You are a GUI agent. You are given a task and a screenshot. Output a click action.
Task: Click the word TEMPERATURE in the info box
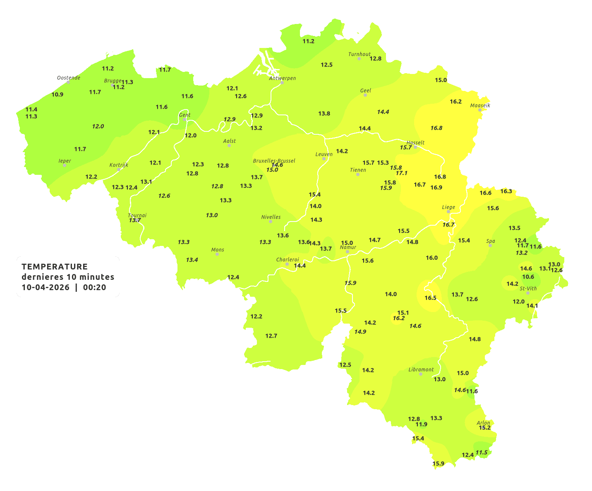(x=55, y=267)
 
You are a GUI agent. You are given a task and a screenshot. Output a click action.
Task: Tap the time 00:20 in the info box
(x=95, y=288)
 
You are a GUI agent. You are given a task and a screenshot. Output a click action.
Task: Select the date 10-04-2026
(x=46, y=288)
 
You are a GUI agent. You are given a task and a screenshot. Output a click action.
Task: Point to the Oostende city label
(x=68, y=78)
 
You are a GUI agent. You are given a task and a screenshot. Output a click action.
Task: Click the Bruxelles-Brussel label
(x=274, y=160)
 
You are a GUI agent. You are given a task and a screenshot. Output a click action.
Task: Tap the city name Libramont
(x=421, y=369)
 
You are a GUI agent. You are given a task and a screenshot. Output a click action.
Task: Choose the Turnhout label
(x=359, y=54)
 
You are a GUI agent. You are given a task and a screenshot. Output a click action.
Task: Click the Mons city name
(x=218, y=250)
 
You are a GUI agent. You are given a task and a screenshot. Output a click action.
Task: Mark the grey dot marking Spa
(x=490, y=245)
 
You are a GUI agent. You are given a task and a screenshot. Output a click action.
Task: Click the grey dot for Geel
(x=365, y=95)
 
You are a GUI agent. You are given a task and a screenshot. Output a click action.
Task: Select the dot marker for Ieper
(x=64, y=165)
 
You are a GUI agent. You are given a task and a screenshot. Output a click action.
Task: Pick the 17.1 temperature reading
(x=401, y=173)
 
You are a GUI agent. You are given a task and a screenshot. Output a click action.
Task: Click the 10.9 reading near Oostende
(x=58, y=94)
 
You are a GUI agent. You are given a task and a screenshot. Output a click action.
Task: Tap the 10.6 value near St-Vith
(x=528, y=277)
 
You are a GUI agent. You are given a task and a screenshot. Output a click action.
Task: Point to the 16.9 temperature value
(x=436, y=187)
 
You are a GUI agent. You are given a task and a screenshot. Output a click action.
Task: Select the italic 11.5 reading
(x=482, y=453)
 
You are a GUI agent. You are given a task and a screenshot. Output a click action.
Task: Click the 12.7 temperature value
(x=271, y=336)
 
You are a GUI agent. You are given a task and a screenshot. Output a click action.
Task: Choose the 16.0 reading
(x=431, y=257)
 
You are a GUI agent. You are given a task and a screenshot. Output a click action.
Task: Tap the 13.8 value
(x=324, y=113)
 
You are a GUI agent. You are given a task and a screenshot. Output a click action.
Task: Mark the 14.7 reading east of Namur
(x=374, y=240)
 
